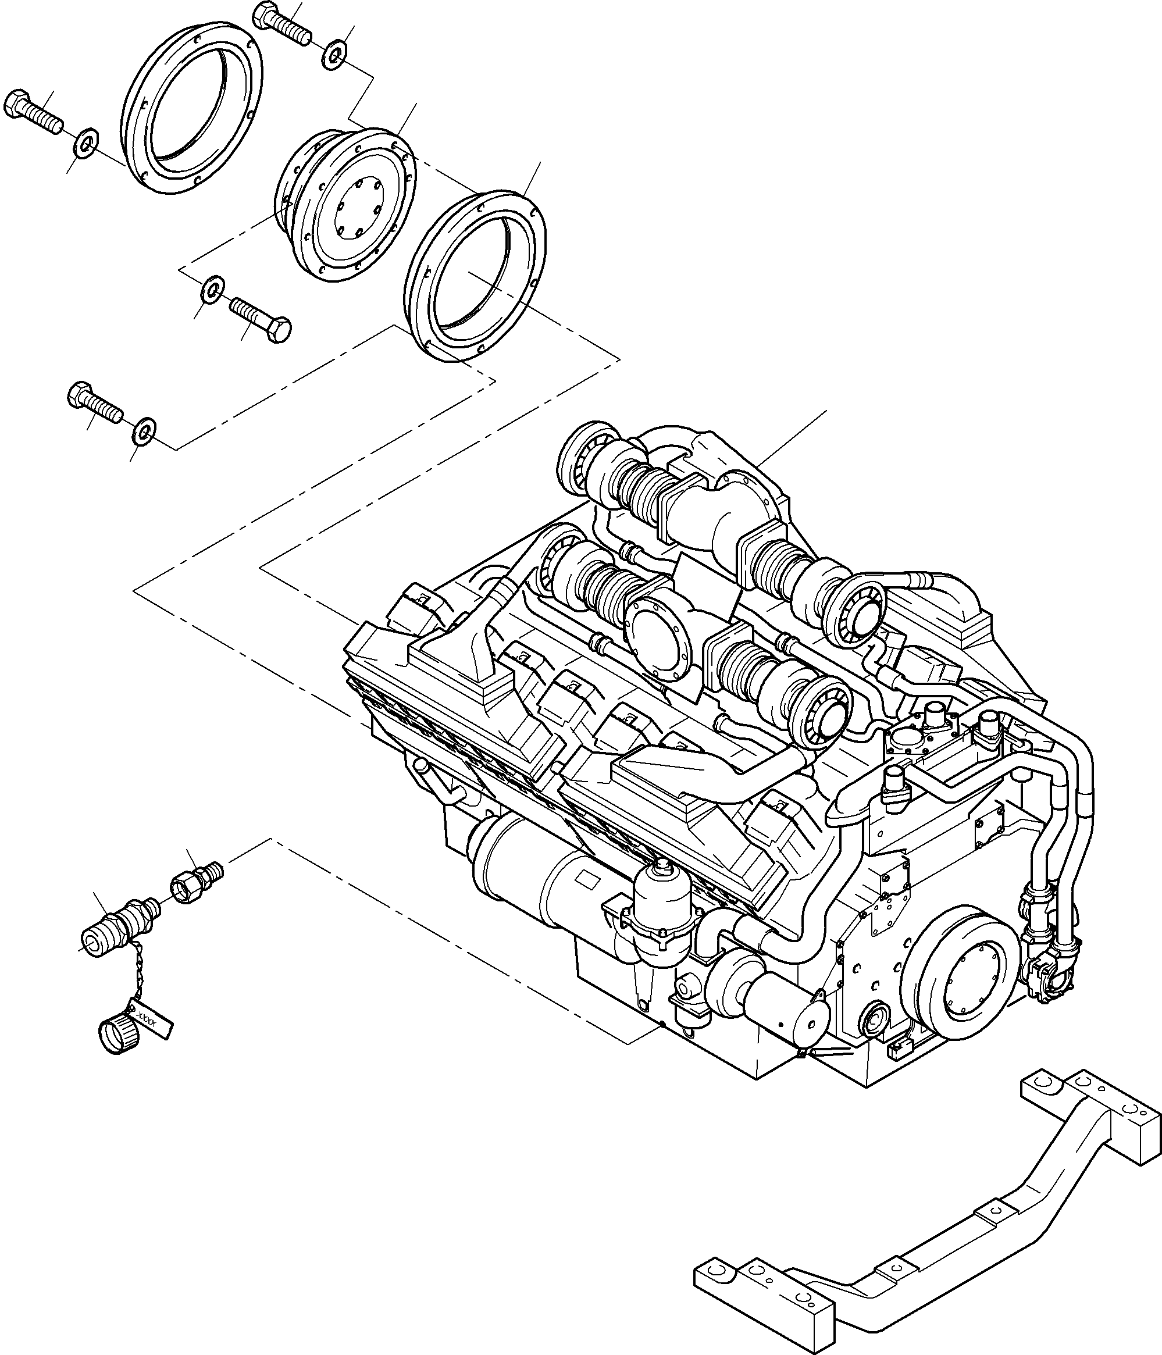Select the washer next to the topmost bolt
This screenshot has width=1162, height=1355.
click(335, 56)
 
